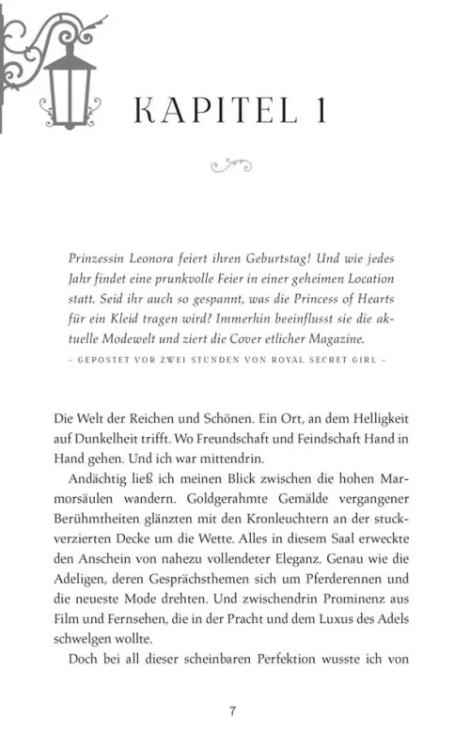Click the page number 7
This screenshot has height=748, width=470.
pyautogui.click(x=232, y=710)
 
